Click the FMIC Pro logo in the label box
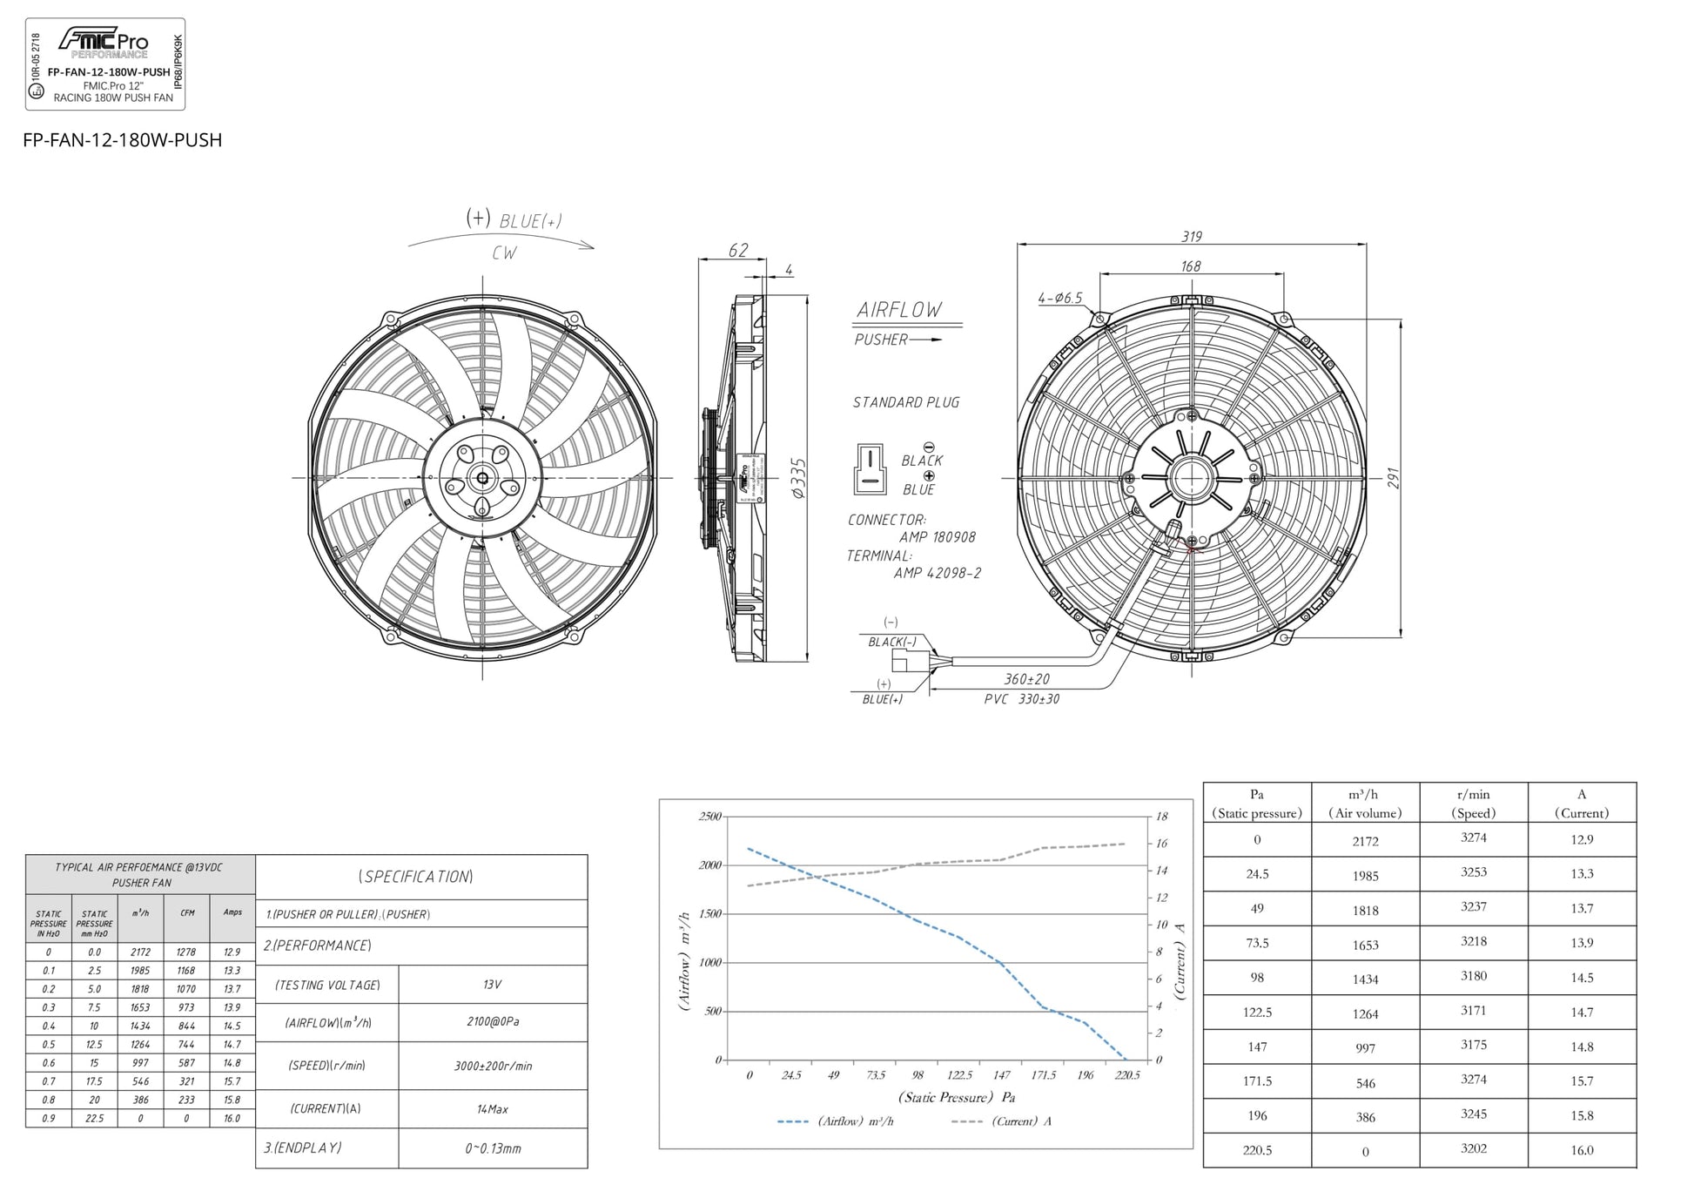103,41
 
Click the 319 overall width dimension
1191,237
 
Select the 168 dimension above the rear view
1190,266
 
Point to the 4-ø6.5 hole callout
1059,298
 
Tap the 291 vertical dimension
1393,478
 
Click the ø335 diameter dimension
798,478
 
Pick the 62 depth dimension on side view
737,251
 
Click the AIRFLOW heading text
898,310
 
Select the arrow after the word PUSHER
926,340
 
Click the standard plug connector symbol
869,469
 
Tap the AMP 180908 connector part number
937,537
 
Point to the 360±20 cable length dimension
1026,679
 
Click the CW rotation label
504,252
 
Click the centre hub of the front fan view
482,478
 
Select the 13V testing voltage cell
492,984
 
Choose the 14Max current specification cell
492,1109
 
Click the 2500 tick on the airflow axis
709,817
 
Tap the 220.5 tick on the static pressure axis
1126,1075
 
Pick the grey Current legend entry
1001,1121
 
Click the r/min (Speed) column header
1473,803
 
